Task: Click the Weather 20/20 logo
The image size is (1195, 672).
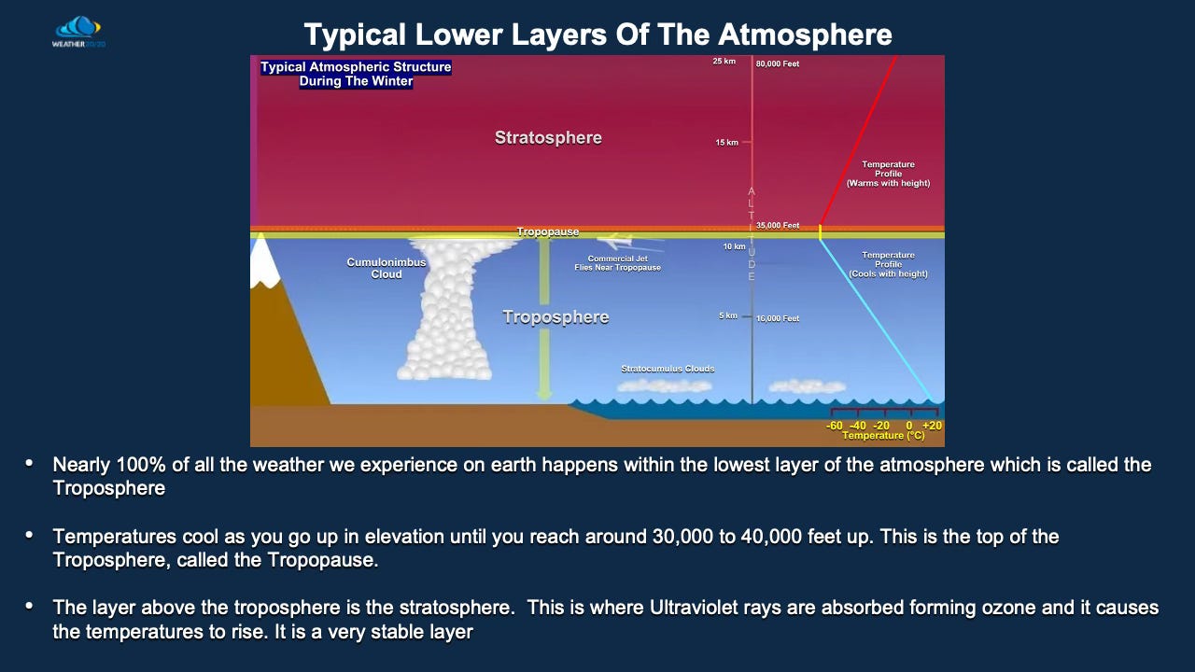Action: (x=78, y=32)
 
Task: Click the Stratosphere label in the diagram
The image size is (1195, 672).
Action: (x=548, y=138)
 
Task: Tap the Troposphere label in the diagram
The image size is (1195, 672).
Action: (x=555, y=317)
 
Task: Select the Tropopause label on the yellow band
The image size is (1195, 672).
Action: (x=548, y=231)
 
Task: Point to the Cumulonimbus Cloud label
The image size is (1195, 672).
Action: (x=387, y=269)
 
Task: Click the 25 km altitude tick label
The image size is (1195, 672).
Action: (x=724, y=62)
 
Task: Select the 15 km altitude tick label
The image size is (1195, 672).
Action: (x=726, y=143)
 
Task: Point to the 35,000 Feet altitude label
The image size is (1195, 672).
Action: (x=778, y=226)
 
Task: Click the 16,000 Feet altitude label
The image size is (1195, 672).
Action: (x=778, y=319)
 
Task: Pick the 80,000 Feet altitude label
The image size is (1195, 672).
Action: (x=778, y=64)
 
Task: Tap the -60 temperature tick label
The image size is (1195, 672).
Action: (x=835, y=426)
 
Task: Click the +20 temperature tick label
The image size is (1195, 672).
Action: (x=932, y=426)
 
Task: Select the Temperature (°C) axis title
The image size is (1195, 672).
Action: (x=883, y=436)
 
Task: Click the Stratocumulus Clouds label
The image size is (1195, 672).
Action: (x=668, y=369)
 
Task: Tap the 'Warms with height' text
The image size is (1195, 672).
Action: (x=888, y=184)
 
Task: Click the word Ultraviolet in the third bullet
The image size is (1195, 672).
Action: (x=693, y=608)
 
